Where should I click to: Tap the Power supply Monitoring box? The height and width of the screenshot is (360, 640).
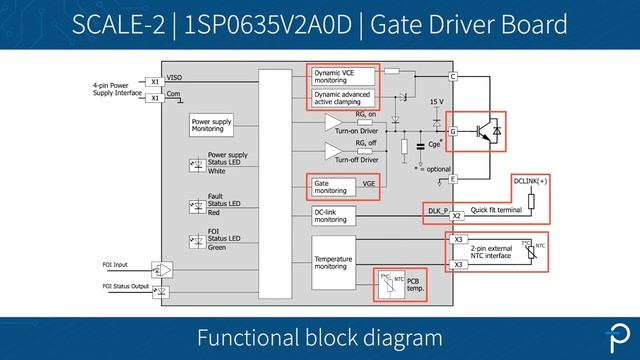click(x=213, y=125)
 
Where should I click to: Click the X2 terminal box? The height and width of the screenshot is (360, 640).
click(x=456, y=216)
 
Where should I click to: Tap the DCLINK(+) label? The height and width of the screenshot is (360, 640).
click(x=532, y=180)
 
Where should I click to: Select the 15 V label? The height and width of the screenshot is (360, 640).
click(x=437, y=102)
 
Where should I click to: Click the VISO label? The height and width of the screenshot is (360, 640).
click(x=174, y=77)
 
